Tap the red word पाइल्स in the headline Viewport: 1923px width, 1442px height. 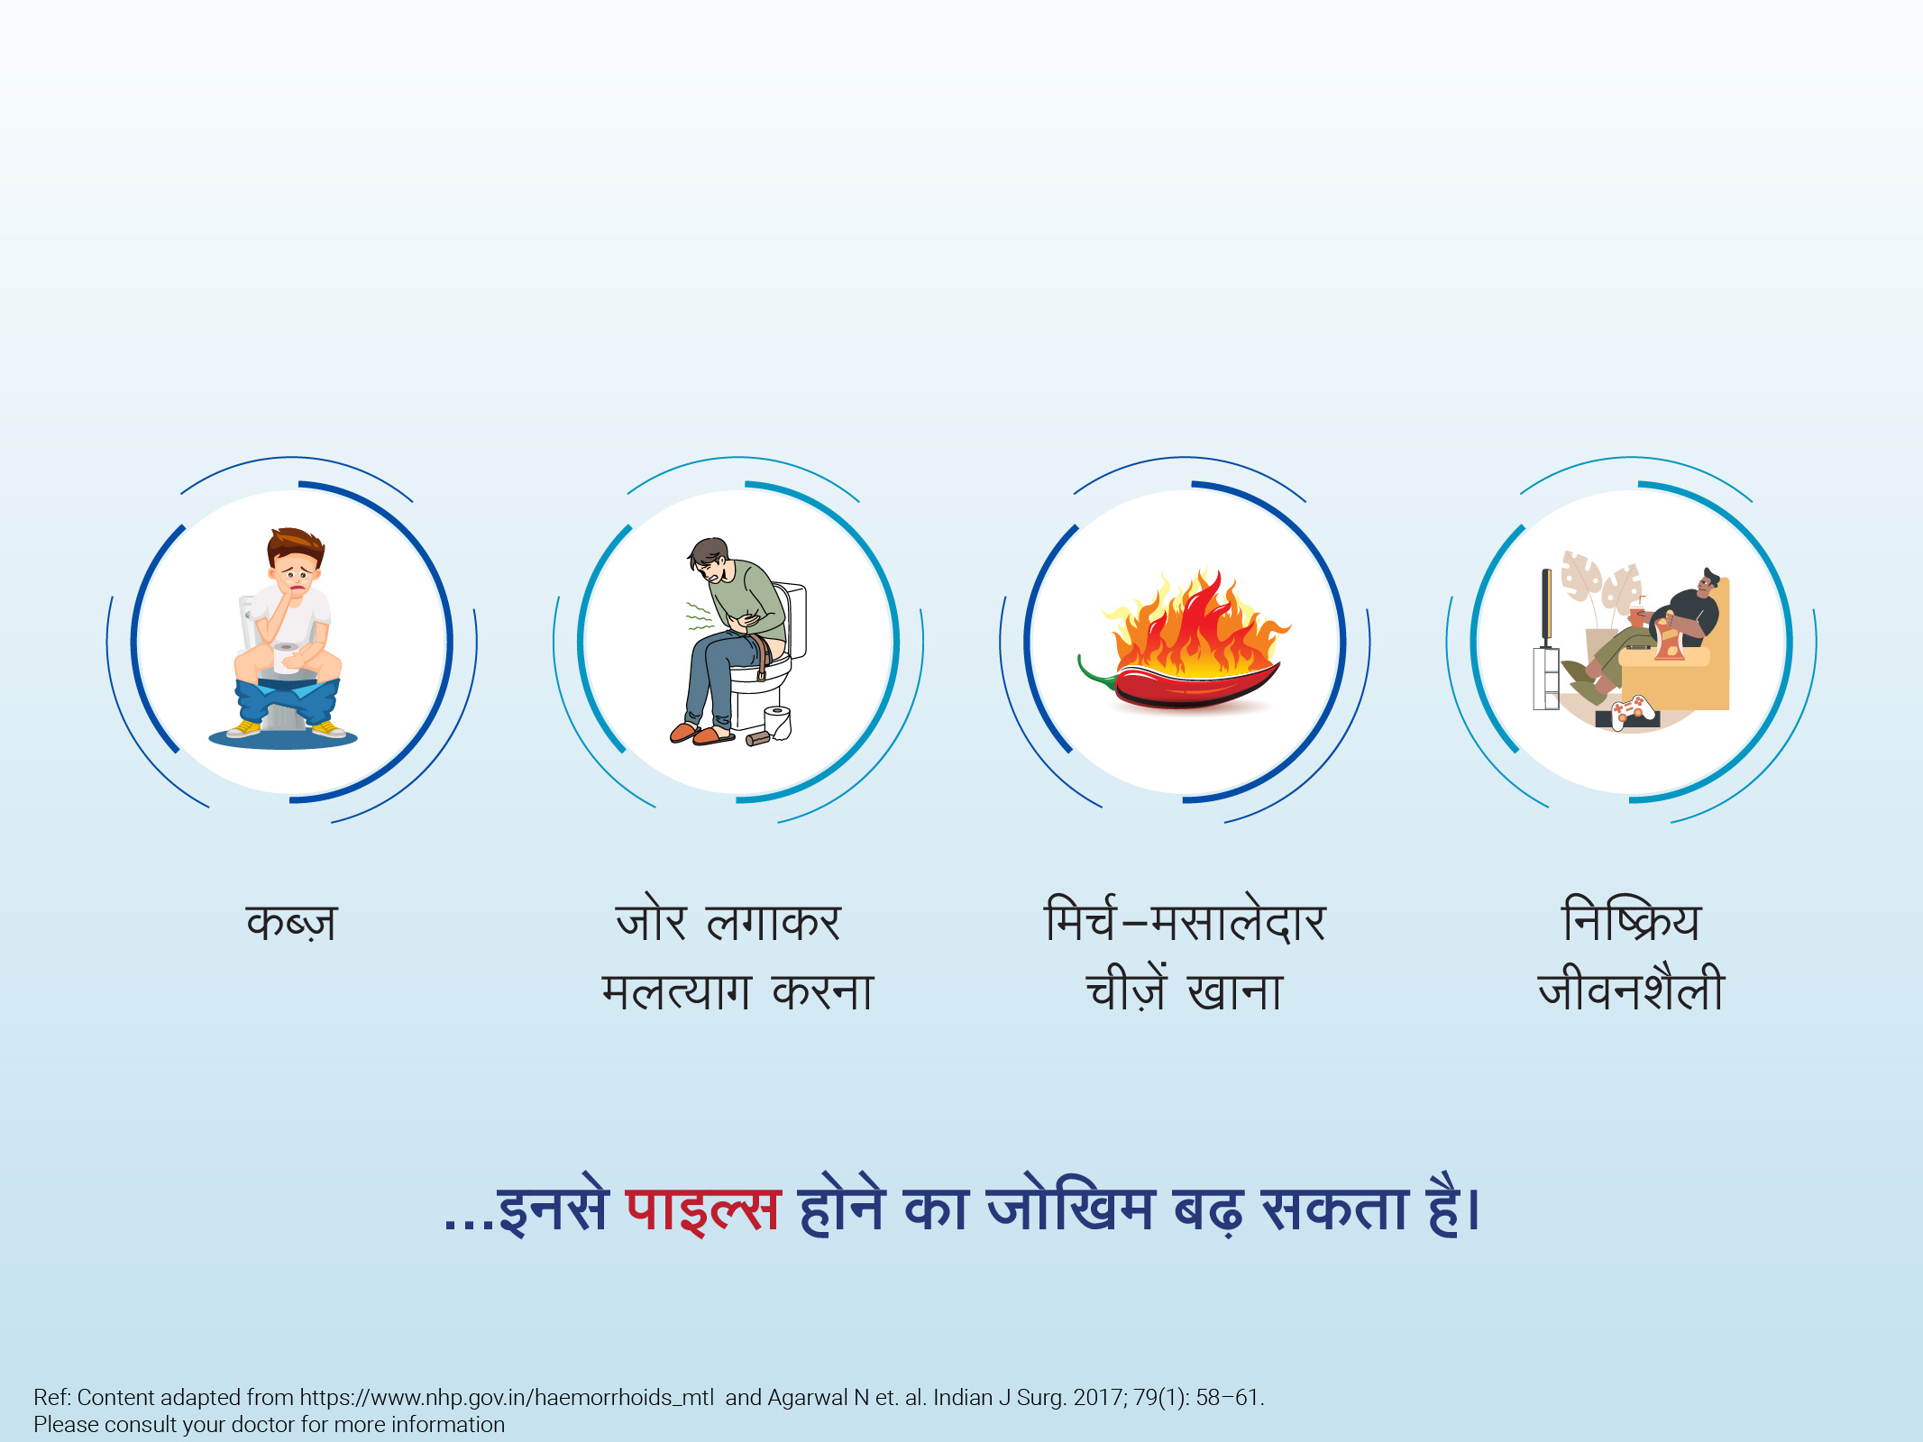click(x=702, y=1207)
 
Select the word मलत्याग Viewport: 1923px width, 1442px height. click(x=676, y=990)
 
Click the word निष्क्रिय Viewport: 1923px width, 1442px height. click(x=1631, y=918)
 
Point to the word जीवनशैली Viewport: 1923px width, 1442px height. click(x=1631, y=988)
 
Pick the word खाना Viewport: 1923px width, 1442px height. click(x=1235, y=991)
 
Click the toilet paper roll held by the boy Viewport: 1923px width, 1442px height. click(x=286, y=658)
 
